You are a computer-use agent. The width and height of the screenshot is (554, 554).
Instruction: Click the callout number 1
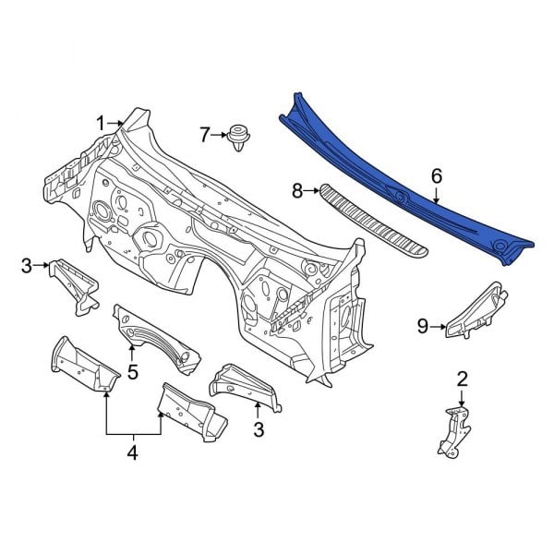click(101, 124)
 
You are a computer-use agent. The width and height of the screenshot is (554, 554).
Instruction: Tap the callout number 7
click(205, 135)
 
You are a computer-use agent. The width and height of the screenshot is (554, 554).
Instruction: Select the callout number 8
click(297, 191)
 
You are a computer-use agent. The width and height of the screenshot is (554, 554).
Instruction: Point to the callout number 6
click(437, 176)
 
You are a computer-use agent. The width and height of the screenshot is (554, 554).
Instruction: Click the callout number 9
click(423, 327)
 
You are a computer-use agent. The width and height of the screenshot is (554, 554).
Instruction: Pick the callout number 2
click(463, 379)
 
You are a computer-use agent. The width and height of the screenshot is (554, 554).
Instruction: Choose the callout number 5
click(132, 372)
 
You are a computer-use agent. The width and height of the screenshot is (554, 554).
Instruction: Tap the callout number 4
click(132, 452)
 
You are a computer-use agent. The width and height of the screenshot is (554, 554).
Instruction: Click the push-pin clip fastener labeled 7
click(239, 137)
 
